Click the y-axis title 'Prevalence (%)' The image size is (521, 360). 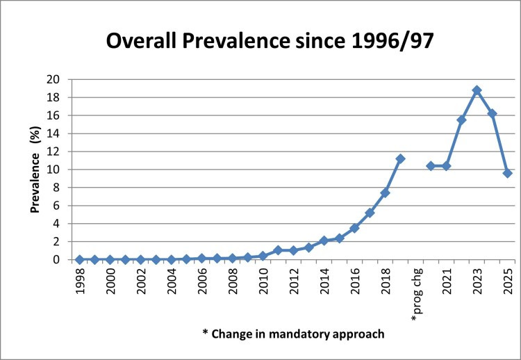(x=35, y=169)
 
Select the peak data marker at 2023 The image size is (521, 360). (x=477, y=90)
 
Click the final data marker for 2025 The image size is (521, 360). (x=507, y=173)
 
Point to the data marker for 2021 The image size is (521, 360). (x=446, y=166)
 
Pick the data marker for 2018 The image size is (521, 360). (x=385, y=193)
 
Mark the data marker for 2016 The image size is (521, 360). (x=354, y=228)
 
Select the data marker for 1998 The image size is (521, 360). (x=79, y=259)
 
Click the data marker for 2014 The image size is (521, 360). (x=324, y=240)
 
